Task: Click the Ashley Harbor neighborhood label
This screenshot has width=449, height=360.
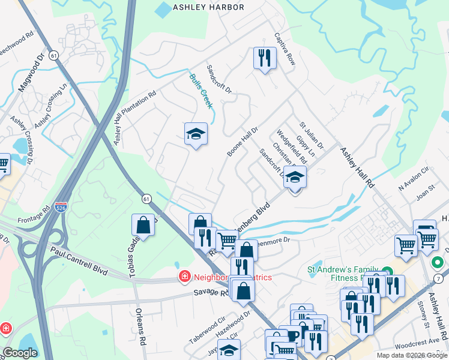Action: [x=208, y=7]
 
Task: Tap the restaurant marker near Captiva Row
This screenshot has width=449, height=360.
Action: [x=264, y=58]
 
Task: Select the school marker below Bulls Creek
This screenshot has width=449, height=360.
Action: [x=196, y=134]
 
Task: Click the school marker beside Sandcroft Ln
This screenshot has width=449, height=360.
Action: [x=295, y=178]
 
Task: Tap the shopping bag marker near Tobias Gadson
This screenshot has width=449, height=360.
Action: [x=144, y=226]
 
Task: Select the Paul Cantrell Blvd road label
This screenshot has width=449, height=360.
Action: [x=79, y=262]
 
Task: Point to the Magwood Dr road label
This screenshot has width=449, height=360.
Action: [x=32, y=73]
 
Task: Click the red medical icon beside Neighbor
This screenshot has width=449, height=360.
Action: [x=184, y=277]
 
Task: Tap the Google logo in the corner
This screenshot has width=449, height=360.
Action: [x=20, y=353]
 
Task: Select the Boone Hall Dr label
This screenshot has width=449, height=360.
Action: [x=242, y=142]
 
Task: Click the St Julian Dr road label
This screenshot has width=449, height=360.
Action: [x=312, y=136]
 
